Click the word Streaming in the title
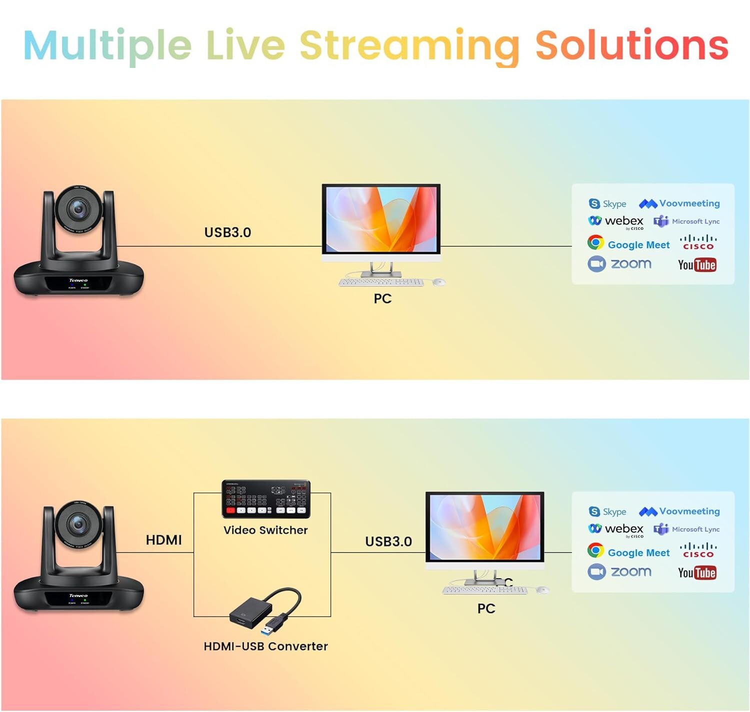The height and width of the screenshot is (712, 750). [409, 46]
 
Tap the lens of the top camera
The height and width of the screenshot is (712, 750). [78, 208]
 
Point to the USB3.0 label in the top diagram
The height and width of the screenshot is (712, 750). [227, 232]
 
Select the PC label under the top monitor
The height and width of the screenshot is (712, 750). [382, 298]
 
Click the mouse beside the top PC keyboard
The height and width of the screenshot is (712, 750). [438, 282]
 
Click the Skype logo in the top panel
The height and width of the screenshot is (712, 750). [607, 204]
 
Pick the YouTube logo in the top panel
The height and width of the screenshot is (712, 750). [697, 265]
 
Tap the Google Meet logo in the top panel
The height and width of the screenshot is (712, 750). [628, 244]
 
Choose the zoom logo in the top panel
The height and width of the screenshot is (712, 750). [620, 264]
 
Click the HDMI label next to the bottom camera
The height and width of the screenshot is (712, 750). [163, 540]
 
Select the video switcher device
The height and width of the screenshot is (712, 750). [266, 499]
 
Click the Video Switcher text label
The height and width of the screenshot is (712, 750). [265, 530]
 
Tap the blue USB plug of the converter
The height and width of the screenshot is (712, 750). [276, 624]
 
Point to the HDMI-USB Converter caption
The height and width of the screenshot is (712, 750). [265, 646]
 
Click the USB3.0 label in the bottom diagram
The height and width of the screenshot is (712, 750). [388, 542]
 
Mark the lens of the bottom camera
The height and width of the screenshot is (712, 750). [78, 524]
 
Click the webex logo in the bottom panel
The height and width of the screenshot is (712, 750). [616, 529]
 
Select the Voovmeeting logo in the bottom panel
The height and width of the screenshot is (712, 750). [679, 511]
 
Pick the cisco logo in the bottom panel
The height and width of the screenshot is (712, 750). [698, 550]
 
